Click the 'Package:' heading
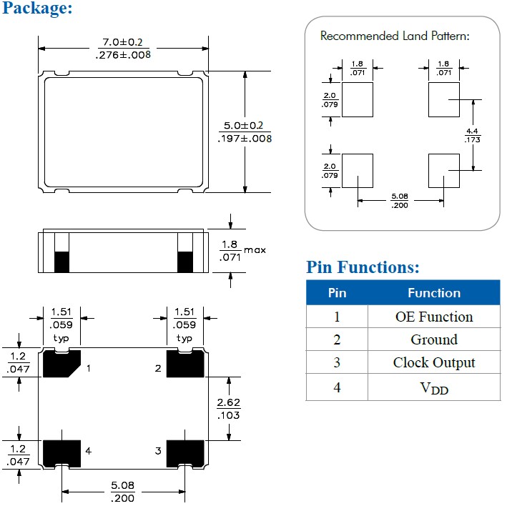click(37, 9)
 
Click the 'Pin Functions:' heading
click(363, 267)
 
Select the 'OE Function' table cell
click(433, 317)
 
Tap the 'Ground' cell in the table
click(433, 339)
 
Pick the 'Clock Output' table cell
click(433, 362)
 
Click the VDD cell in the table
click(433, 387)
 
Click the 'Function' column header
click(433, 292)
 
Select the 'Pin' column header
click(337, 292)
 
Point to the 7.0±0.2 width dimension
click(122, 43)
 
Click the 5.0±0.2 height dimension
click(245, 126)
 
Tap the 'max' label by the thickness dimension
click(255, 250)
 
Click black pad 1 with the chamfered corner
click(60, 364)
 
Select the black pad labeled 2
click(186, 364)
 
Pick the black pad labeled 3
click(186, 451)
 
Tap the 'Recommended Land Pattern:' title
click(395, 36)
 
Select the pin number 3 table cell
click(337, 362)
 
